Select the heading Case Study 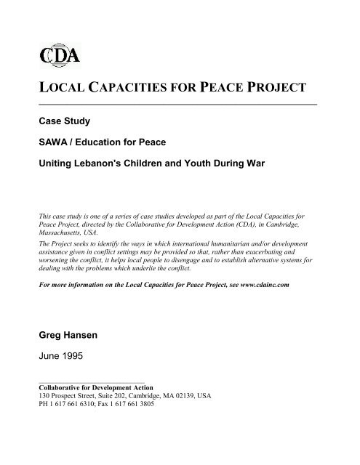click(x=68, y=121)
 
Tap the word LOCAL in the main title click(x=60, y=89)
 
